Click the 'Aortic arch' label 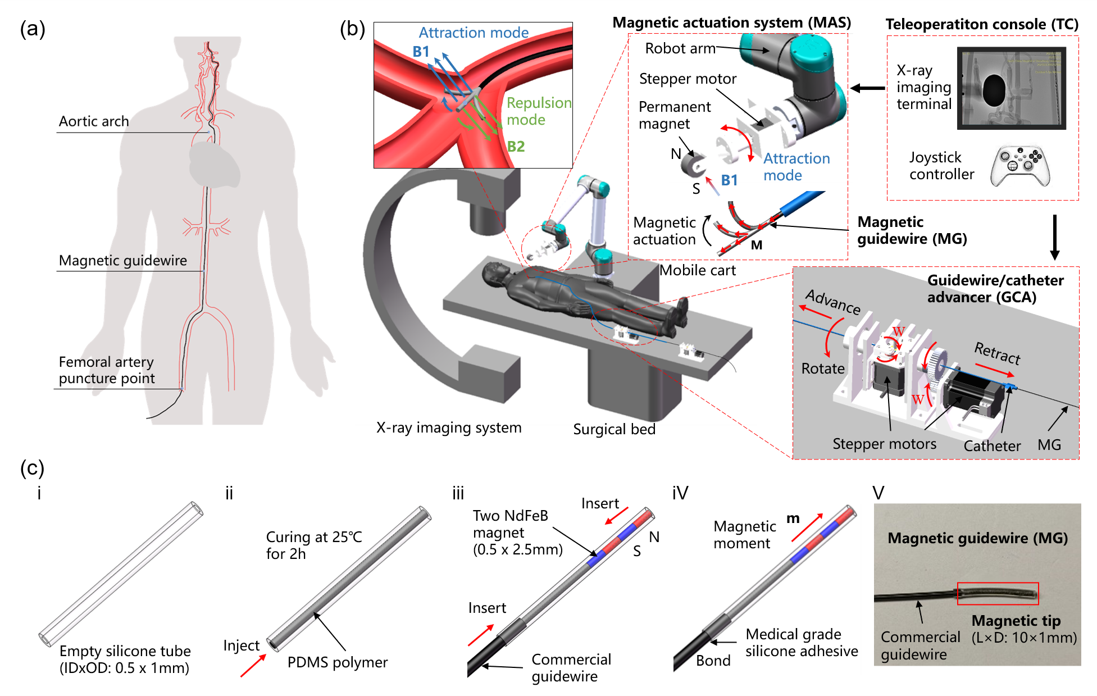click(x=94, y=121)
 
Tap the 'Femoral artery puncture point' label click(x=107, y=370)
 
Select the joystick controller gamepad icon click(x=1019, y=166)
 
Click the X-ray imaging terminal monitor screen click(x=1011, y=88)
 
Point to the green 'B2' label click(x=516, y=147)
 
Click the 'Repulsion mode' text click(x=538, y=111)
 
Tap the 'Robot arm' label click(x=680, y=49)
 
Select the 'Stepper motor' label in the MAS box click(x=688, y=79)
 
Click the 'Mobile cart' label click(x=697, y=271)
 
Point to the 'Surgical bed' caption click(x=614, y=429)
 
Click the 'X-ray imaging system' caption click(x=449, y=428)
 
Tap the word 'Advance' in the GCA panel click(x=832, y=302)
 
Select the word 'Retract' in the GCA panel click(x=997, y=353)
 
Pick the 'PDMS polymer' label click(x=337, y=662)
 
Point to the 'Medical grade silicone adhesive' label click(x=802, y=643)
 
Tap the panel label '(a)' click(x=33, y=29)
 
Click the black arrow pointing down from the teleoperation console click(x=1054, y=236)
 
